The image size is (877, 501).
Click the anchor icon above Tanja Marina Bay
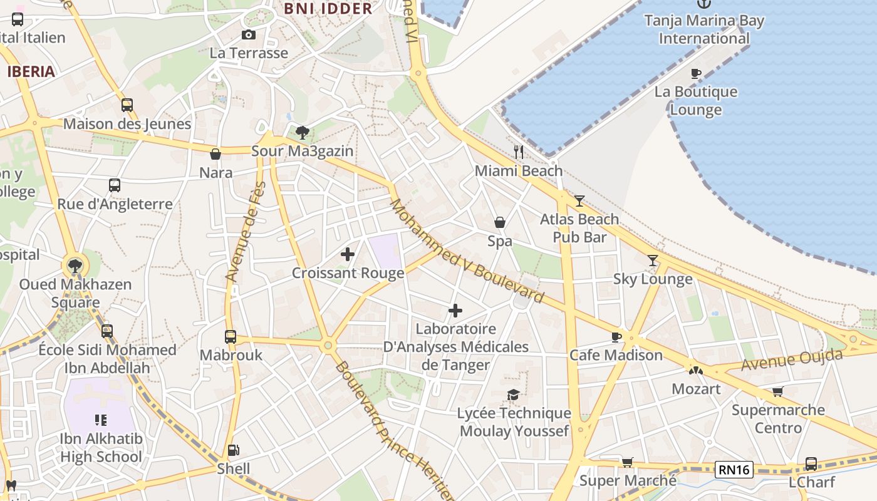point(704,4)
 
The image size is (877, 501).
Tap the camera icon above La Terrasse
point(249,35)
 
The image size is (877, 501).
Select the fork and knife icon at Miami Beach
point(518,152)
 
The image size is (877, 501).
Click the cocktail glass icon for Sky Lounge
point(653,261)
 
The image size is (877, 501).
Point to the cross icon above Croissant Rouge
point(348,254)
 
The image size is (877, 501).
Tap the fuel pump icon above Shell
point(233,450)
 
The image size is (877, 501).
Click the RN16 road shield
point(734,469)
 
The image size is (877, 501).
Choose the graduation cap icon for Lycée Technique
point(514,395)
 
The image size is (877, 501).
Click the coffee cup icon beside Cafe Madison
point(616,338)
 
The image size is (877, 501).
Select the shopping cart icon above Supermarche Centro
point(778,392)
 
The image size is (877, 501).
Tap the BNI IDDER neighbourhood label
point(328,9)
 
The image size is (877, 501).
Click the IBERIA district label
point(31,71)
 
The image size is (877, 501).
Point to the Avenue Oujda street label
point(792,360)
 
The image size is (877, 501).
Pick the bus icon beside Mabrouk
point(231,337)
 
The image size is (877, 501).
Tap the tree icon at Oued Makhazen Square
point(75,266)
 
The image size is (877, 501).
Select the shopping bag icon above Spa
point(500,222)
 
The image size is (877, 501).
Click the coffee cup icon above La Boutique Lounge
point(695,74)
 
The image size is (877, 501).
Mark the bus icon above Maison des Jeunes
point(127,105)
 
